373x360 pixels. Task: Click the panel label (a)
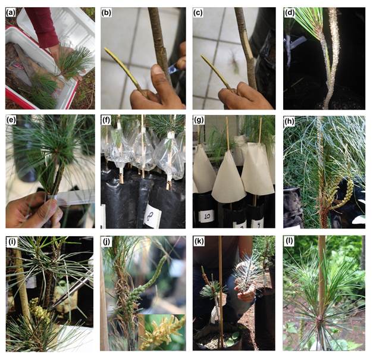tap(11, 12)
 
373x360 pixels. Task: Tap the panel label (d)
tap(289, 13)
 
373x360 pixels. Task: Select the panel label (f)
tap(106, 121)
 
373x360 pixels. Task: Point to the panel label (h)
tap(289, 121)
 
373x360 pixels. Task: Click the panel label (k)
tap(199, 242)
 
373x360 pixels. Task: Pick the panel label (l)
tap(289, 242)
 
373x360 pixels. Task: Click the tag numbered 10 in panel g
tap(206, 217)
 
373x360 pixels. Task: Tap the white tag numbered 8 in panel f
tap(152, 216)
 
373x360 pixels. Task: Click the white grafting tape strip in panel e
tap(69, 196)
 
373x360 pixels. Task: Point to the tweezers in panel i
tap(71, 291)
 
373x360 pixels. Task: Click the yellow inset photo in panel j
tap(162, 332)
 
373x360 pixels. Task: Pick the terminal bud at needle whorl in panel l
tap(319, 318)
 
